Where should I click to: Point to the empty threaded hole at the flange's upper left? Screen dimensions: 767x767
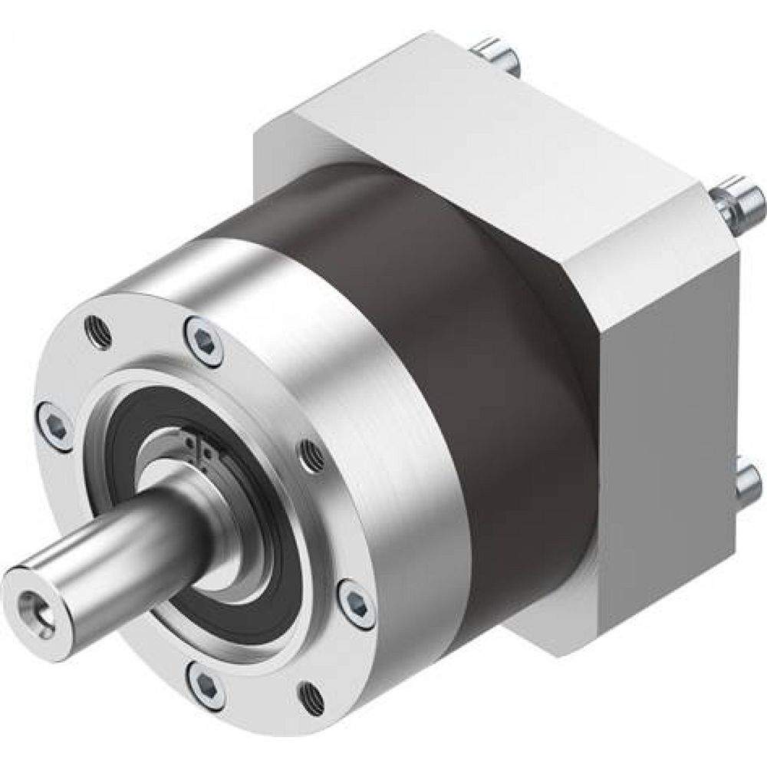97,331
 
